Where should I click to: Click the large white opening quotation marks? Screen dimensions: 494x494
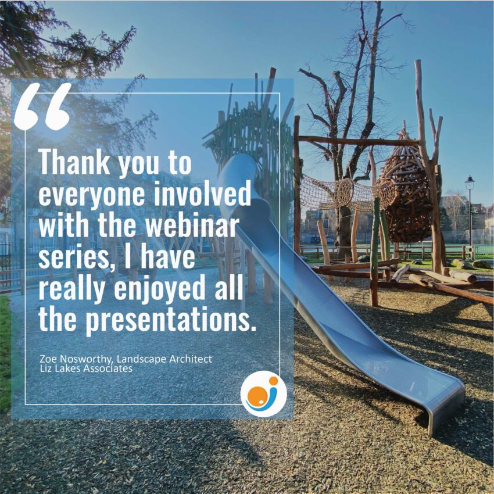42,106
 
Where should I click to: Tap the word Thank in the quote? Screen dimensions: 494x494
74,162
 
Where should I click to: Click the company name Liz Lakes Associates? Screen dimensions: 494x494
86,368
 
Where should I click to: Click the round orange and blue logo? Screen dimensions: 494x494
264,394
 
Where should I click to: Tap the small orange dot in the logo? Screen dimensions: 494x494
274,381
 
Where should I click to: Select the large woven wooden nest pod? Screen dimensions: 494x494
406,192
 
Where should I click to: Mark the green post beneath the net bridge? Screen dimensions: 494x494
375,252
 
